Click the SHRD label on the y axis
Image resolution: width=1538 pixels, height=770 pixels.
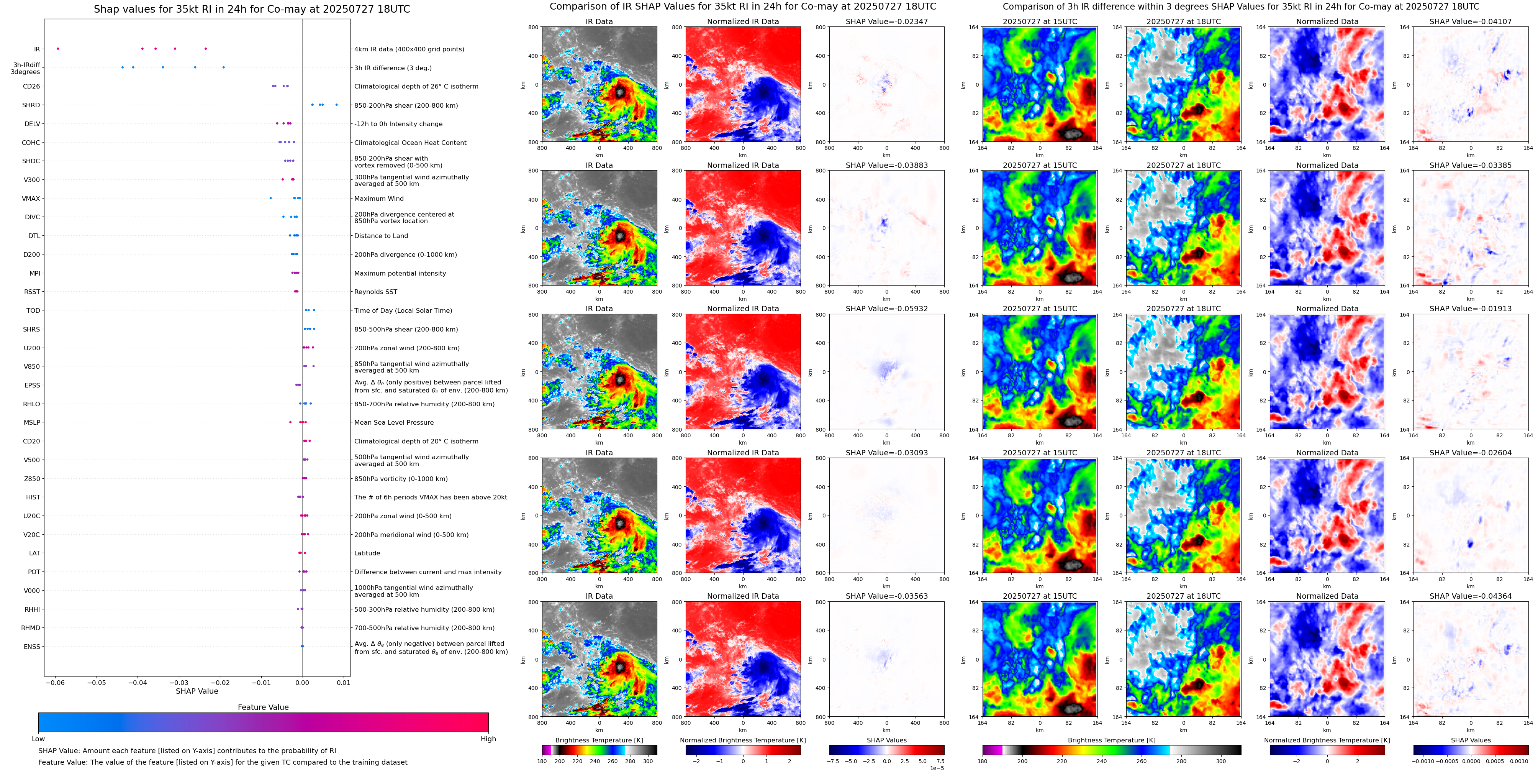pos(31,105)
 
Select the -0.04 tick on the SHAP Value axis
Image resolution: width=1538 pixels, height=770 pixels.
pos(138,682)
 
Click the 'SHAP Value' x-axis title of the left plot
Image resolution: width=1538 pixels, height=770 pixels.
pos(197,691)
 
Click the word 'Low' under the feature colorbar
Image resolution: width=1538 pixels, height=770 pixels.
pos(38,739)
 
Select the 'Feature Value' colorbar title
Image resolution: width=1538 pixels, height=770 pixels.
pos(263,707)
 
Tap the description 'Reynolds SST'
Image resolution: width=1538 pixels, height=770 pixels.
pos(375,292)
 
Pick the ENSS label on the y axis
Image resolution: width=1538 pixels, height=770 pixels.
pos(32,646)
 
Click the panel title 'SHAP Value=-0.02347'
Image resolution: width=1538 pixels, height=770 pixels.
pos(887,21)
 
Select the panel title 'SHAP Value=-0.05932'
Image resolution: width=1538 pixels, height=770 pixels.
pos(887,309)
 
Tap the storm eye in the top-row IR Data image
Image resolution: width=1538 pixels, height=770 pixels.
pos(620,93)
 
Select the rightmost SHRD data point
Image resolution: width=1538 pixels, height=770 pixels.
pos(337,105)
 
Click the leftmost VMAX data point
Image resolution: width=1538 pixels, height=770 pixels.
pos(270,198)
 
